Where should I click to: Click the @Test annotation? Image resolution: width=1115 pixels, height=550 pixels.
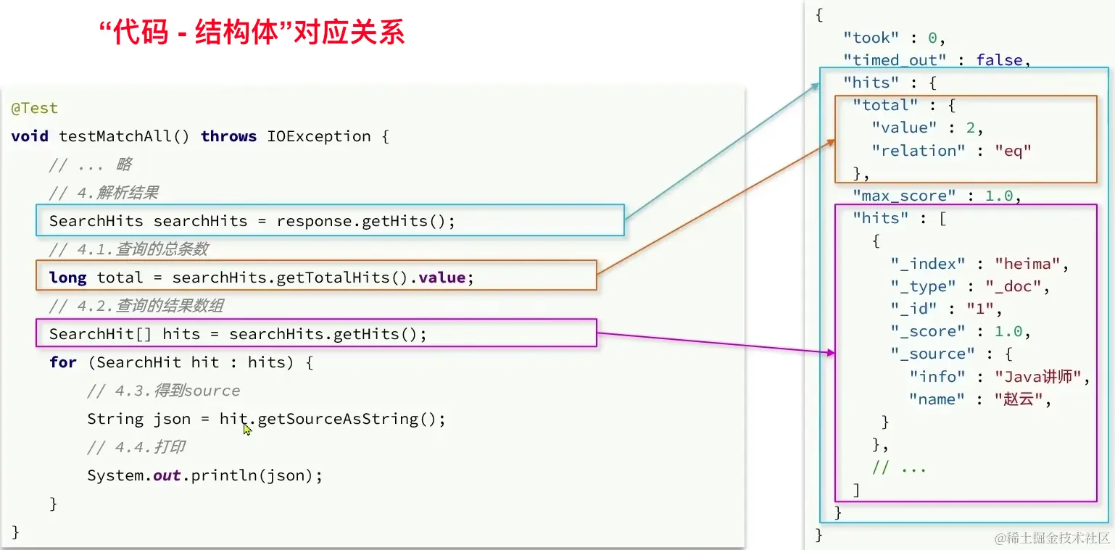(x=34, y=109)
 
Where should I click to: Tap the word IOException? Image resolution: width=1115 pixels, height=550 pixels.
(x=318, y=136)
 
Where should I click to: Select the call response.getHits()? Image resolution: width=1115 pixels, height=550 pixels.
(x=365, y=221)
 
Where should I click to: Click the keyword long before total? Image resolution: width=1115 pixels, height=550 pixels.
(x=67, y=278)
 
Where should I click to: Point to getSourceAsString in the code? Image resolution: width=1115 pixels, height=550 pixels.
(x=346, y=419)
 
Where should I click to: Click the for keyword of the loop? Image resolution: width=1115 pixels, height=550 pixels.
(x=63, y=362)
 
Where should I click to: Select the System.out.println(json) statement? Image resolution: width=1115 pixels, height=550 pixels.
(x=204, y=475)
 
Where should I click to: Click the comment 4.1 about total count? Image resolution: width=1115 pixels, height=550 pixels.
(x=128, y=249)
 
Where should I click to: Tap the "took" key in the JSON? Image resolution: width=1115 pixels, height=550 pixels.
(x=871, y=38)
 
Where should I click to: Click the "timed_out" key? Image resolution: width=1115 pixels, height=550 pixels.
(x=895, y=60)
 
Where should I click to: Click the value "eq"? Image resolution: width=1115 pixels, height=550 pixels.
(x=1013, y=151)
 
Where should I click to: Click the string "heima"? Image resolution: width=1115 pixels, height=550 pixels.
(x=1031, y=264)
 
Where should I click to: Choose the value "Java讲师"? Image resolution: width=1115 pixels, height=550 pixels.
(x=1043, y=377)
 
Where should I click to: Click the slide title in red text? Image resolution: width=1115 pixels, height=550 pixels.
(x=251, y=33)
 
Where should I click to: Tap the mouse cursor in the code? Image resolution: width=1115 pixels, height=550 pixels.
(x=247, y=429)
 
